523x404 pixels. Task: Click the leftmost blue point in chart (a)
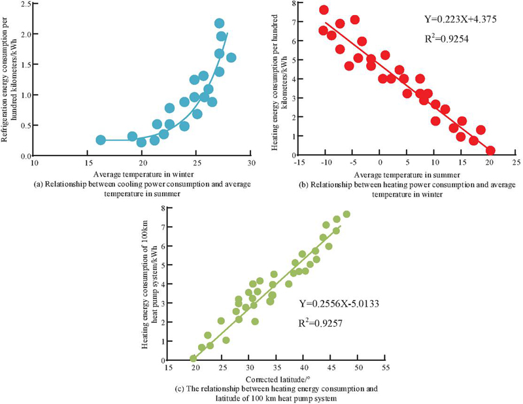click(x=101, y=140)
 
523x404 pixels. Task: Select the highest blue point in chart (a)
click(x=220, y=24)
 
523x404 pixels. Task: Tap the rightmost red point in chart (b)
click(x=490, y=150)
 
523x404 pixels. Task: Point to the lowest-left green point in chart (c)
click(x=193, y=358)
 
